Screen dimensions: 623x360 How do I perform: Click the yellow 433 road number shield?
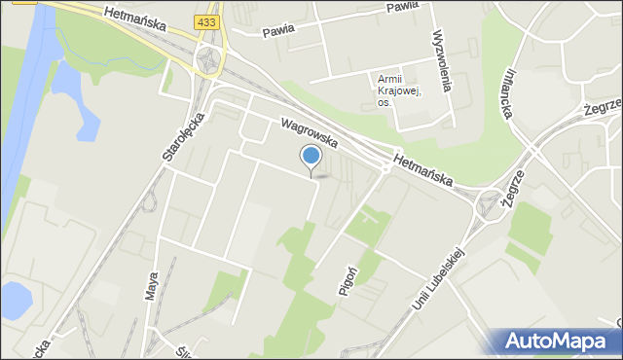pyautogui.click(x=205, y=21)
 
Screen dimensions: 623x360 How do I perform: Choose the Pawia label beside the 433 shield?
pyautogui.click(x=278, y=30)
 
